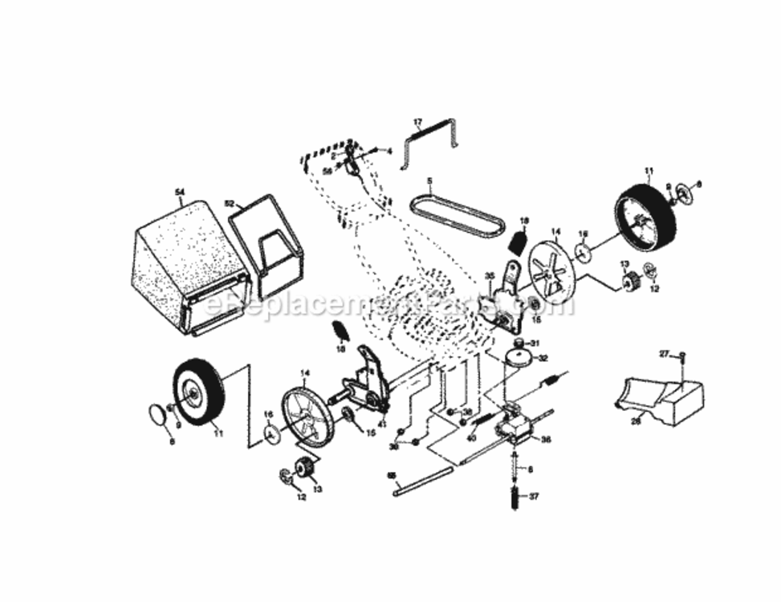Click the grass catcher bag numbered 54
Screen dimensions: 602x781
(x=189, y=265)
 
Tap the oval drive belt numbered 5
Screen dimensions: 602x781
(x=458, y=210)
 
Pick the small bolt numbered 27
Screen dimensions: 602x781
(x=682, y=355)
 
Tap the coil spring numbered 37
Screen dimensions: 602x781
(x=512, y=497)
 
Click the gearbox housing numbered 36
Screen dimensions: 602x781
(x=514, y=425)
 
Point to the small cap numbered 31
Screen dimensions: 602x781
(x=519, y=344)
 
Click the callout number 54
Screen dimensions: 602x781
(x=180, y=192)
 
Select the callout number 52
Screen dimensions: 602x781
(x=229, y=204)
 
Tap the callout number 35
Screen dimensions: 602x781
(x=490, y=277)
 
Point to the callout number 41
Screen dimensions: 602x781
(x=382, y=423)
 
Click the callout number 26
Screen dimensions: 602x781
(x=635, y=420)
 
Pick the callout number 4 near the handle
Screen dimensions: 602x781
(x=388, y=150)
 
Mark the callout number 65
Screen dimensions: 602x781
(x=393, y=476)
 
